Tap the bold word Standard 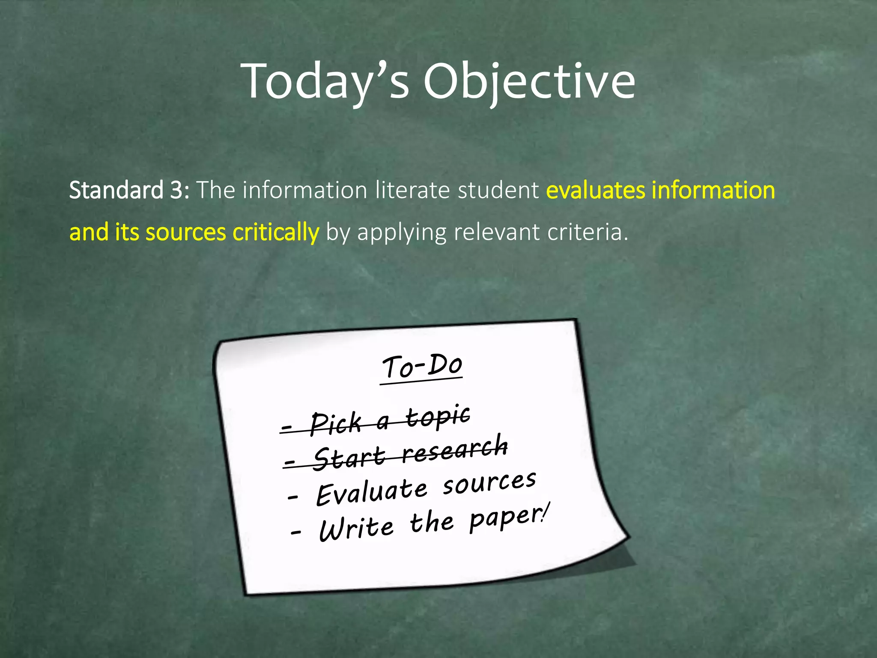pos(116,190)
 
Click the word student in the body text pos(498,190)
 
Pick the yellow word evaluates pos(596,190)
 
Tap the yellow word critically pos(276,232)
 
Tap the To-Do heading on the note pos(422,367)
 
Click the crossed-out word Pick pos(336,424)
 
